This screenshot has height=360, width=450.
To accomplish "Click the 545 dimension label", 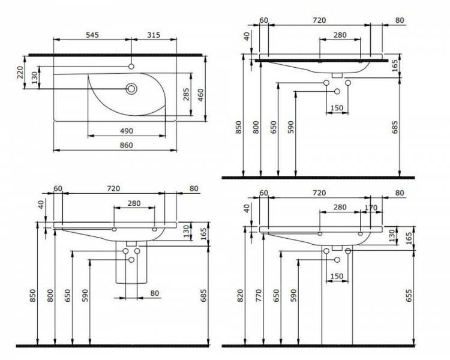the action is (92, 35).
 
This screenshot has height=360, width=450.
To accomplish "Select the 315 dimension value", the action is (154, 35).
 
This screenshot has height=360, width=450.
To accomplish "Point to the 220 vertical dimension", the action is (20, 73).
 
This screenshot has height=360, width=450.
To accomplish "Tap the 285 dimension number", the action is (186, 94).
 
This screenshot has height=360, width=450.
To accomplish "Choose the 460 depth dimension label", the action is (200, 95).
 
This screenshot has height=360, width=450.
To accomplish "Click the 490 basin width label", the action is (126, 131).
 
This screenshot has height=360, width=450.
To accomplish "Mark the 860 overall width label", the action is (126, 145).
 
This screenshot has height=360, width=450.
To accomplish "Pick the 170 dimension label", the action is (371, 207).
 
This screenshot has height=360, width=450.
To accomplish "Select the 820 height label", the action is (240, 295).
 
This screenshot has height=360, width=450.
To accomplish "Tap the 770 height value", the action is (259, 295).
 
